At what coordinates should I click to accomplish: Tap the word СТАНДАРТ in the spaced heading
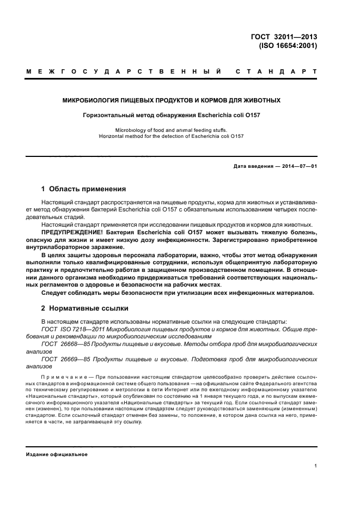(x=277, y=72)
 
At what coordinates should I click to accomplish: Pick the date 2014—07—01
(x=297, y=166)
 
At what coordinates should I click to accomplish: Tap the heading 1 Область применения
(x=84, y=190)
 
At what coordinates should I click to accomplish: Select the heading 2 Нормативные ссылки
(x=85, y=308)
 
